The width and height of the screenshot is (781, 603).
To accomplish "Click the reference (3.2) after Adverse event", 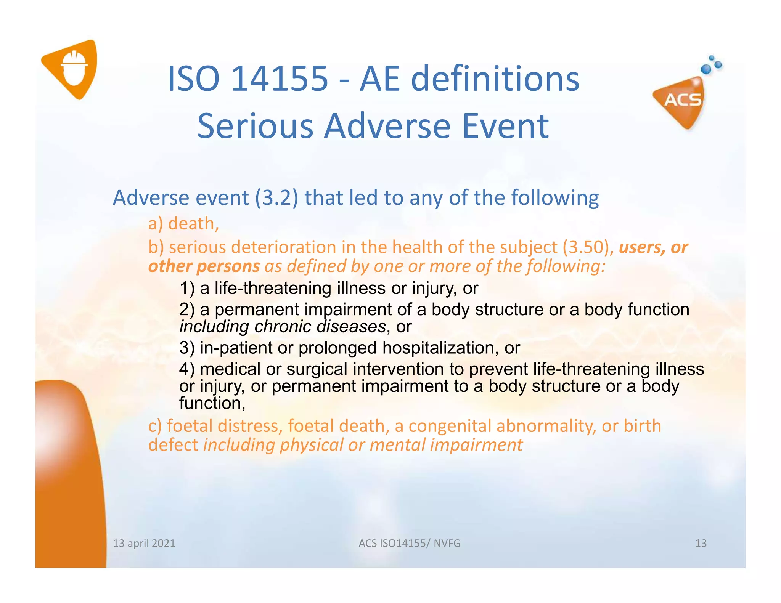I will (276, 198).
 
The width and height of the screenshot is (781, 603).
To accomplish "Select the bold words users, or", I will (653, 247).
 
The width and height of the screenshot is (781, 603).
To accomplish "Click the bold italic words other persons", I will (204, 266).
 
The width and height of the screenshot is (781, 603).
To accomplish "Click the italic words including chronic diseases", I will (282, 327).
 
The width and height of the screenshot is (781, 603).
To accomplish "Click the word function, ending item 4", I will (212, 403).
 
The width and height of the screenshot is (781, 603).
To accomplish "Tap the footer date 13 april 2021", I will (144, 543).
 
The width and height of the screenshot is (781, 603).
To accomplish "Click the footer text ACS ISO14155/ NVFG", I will (409, 543).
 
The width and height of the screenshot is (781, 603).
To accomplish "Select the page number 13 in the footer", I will (701, 543).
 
